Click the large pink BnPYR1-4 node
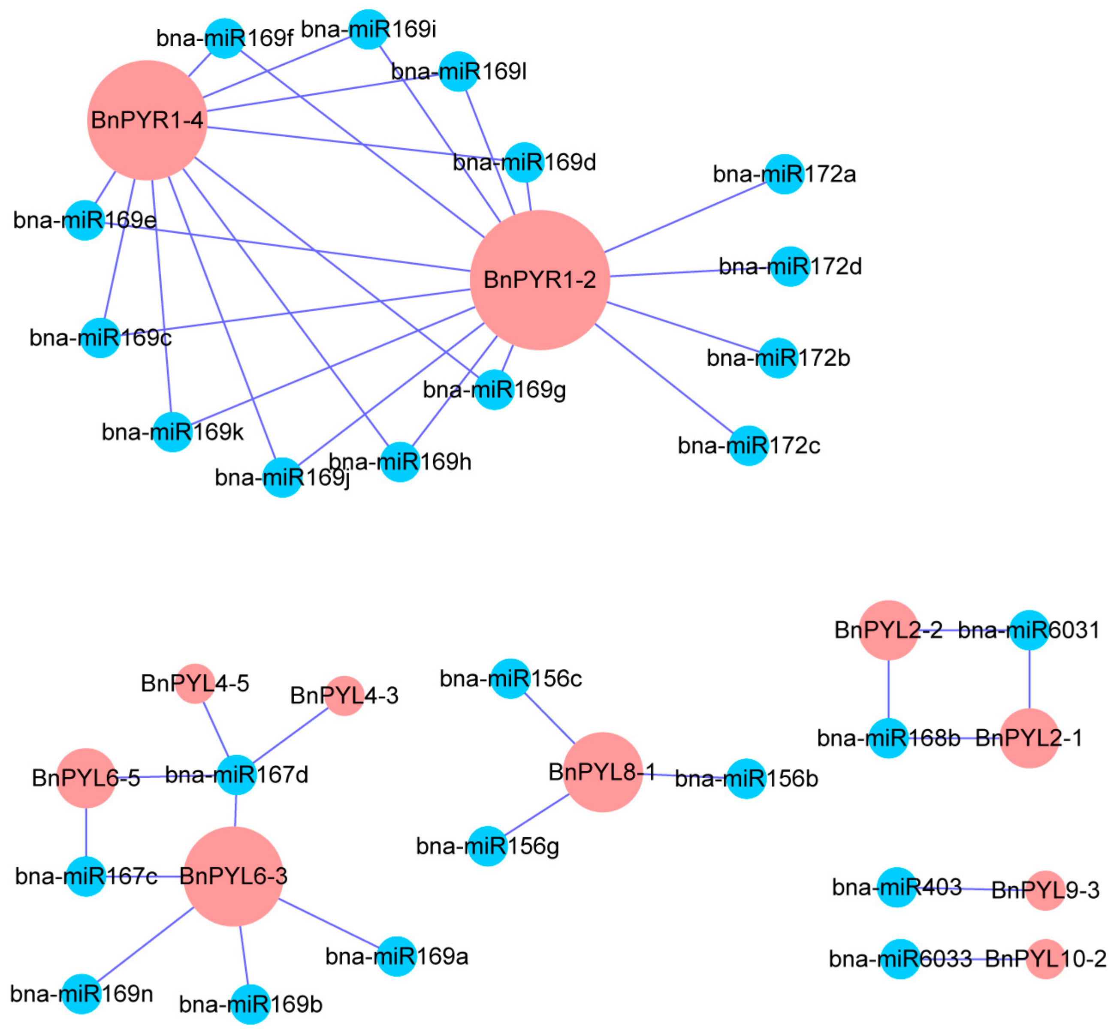[147, 120]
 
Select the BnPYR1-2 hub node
[539, 280]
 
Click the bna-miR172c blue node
[748, 445]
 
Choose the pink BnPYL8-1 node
[602, 772]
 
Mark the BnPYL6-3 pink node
[233, 876]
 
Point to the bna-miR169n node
[82, 994]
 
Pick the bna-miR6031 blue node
[1029, 630]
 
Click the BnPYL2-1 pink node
[1029, 738]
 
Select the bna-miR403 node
[897, 887]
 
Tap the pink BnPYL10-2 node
[1046, 959]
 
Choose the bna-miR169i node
[368, 29]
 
